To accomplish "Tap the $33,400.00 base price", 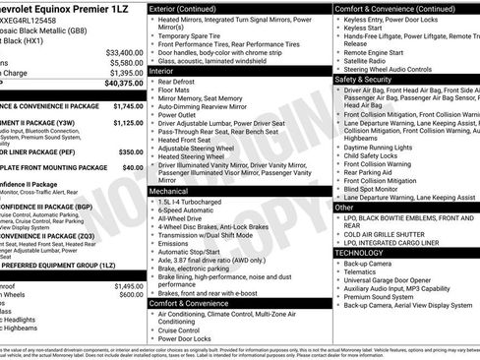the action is click(x=124, y=52).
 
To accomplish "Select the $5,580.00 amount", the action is click(x=126, y=63).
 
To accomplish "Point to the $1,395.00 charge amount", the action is click(x=126, y=74).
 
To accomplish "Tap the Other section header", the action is click(x=345, y=208).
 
